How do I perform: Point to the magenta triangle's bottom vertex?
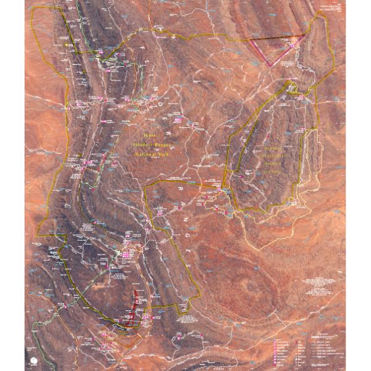point(268,65)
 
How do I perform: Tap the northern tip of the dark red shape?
point(136,289)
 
